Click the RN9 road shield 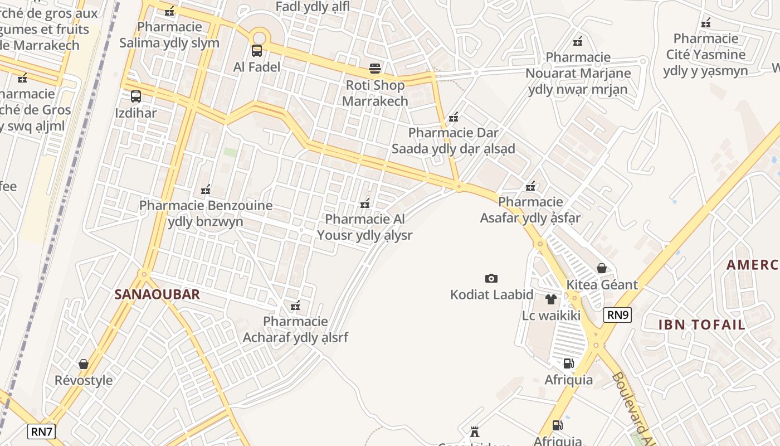(617, 315)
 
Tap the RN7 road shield (41, 431)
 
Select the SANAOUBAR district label (157, 294)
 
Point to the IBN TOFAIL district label (701, 324)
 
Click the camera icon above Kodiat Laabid (491, 278)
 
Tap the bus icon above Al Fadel (257, 51)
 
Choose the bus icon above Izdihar (136, 96)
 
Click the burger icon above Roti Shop (375, 69)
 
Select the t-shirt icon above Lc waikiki (551, 299)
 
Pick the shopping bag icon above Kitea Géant (602, 268)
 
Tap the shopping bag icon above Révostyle (84, 364)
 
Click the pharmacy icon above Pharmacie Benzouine (206, 190)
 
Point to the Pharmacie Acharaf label (295, 329)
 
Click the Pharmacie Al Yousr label (365, 227)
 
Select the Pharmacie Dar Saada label (454, 141)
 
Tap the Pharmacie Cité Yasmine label (706, 55)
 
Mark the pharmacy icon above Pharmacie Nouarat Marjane (578, 41)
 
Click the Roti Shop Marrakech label (375, 93)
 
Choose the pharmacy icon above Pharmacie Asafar (530, 186)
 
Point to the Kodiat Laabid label (492, 294)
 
